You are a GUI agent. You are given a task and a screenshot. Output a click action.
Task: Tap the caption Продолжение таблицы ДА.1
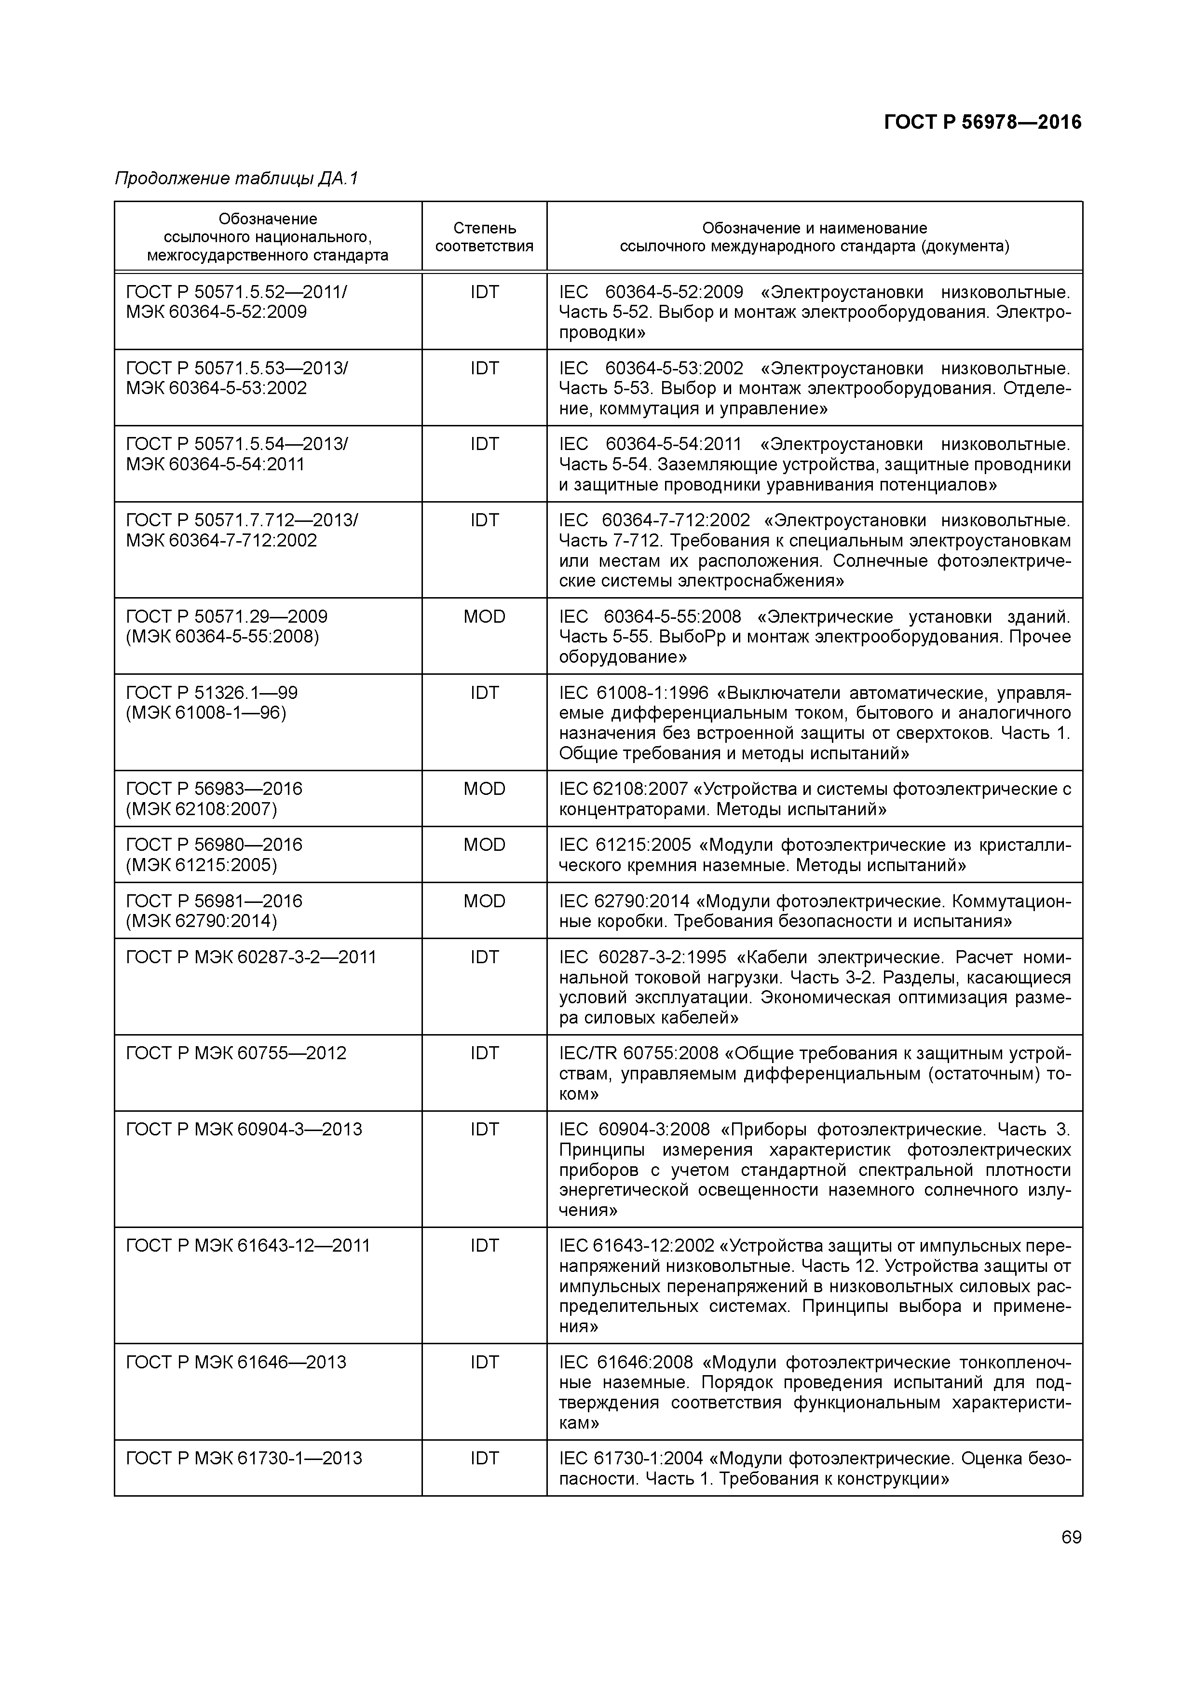tap(236, 178)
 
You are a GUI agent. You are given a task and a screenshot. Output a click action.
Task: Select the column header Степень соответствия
tap(484, 236)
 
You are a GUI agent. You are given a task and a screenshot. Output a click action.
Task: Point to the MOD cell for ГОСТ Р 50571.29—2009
tap(484, 617)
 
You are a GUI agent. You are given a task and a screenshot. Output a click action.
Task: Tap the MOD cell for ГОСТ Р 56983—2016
tap(484, 789)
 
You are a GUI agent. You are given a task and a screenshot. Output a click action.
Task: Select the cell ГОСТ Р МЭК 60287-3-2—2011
tap(251, 957)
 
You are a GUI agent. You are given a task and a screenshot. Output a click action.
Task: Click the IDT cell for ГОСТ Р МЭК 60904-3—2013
tap(484, 1130)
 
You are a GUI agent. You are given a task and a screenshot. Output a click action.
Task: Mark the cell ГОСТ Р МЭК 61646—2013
tap(236, 1362)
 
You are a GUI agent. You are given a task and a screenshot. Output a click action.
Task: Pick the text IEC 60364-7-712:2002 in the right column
tap(654, 521)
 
